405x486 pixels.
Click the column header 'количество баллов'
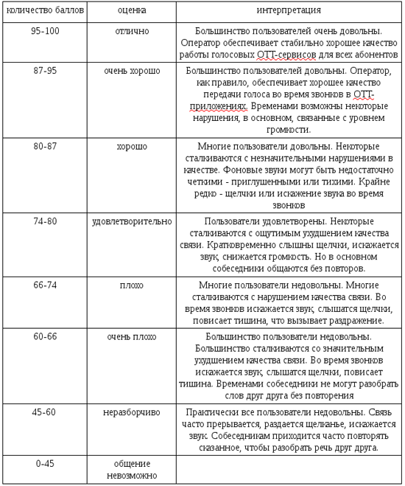coord(43,11)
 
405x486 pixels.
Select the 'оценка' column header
coord(132,11)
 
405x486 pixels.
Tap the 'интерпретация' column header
coord(289,11)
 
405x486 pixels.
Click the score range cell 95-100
coord(45,32)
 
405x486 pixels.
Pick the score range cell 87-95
coord(45,70)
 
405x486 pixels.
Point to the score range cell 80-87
coord(45,146)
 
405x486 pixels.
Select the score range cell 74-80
coord(45,221)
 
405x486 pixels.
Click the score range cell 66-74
coord(45,285)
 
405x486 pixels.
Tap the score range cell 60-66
coord(45,336)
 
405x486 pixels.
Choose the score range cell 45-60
coord(45,412)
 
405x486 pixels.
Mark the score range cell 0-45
coord(45,463)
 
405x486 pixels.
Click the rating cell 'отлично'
coord(132,32)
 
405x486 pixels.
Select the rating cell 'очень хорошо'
coord(132,70)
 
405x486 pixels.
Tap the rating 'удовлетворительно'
coord(132,221)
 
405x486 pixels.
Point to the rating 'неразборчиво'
coord(132,412)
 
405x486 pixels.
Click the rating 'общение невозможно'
coord(132,469)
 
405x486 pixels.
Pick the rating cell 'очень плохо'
coord(132,336)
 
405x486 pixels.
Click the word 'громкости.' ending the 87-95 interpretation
coord(289,129)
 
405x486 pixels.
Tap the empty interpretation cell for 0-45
coord(289,469)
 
